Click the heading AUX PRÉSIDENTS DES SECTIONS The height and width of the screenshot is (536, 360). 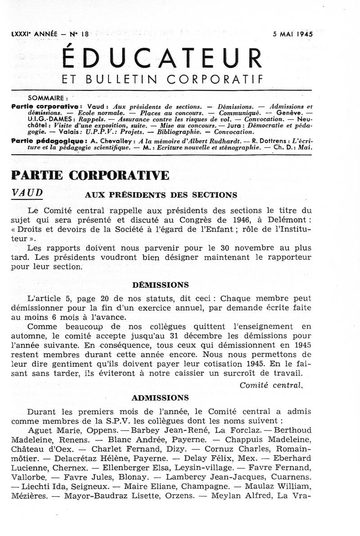click(x=161, y=195)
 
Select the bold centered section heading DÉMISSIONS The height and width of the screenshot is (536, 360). click(x=161, y=285)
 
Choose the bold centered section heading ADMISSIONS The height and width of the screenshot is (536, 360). click(x=161, y=398)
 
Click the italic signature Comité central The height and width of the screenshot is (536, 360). click(x=272, y=385)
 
